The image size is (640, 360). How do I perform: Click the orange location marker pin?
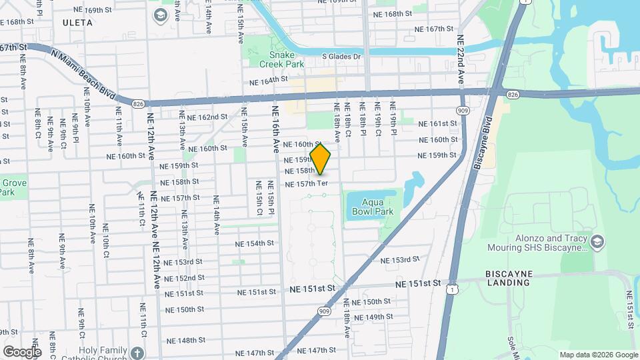click(321, 159)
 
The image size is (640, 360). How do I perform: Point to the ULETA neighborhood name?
click(77, 23)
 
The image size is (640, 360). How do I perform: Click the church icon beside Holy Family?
click(137, 352)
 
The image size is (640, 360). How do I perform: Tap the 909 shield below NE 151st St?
click(324, 310)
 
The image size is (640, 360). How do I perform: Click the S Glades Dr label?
click(341, 56)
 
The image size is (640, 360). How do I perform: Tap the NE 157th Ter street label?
click(307, 183)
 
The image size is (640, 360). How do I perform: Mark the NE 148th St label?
click(185, 340)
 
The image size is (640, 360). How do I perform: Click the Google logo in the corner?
click(22, 352)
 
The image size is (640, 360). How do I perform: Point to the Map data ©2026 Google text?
click(597, 355)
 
